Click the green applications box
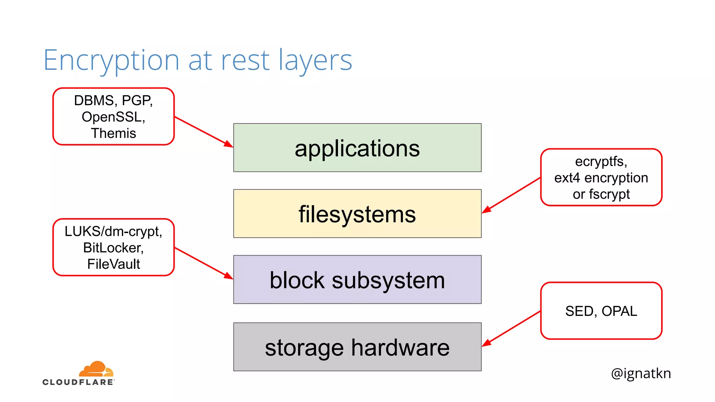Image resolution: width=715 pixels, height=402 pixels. pyautogui.click(x=357, y=148)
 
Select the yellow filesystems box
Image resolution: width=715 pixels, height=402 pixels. pyautogui.click(x=357, y=214)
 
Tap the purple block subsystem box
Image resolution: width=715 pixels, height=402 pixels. pyautogui.click(x=357, y=280)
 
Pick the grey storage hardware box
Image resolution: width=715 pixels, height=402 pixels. pyautogui.click(x=357, y=347)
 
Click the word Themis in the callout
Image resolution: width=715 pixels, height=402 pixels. pyautogui.click(x=113, y=133)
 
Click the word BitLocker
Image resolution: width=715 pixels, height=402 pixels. pyautogui.click(x=112, y=248)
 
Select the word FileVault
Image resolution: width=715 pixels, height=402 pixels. pyautogui.click(x=113, y=264)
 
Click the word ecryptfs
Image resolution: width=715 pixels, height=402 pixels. pyautogui.click(x=600, y=162)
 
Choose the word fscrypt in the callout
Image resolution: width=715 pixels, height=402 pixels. pyautogui.click(x=610, y=194)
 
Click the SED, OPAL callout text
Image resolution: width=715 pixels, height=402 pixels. pyautogui.click(x=601, y=311)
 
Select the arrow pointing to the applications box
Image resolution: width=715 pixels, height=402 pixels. pyautogui.click(x=204, y=132)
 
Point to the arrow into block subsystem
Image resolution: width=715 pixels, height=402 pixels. pyautogui.click(x=204, y=263)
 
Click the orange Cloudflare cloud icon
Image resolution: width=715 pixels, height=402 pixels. pyautogui.click(x=96, y=369)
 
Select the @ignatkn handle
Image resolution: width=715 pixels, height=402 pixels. pyautogui.click(x=641, y=373)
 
